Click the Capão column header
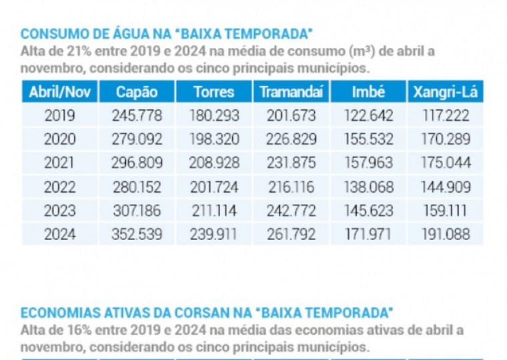pos(137,92)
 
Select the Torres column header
pos(214,92)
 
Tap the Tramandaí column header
pos(291,92)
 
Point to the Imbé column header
pos(368,92)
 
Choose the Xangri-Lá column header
pos(445,92)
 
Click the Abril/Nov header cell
pos(59,92)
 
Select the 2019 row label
pos(59,115)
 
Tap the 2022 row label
pos(59,187)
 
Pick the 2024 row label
pos(59,234)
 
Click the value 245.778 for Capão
pos(137,115)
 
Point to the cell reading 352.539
pos(137,234)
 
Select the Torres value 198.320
pos(214,139)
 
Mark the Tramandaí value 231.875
pos(292,163)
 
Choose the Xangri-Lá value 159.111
pos(446,211)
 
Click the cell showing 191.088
pos(446,234)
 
